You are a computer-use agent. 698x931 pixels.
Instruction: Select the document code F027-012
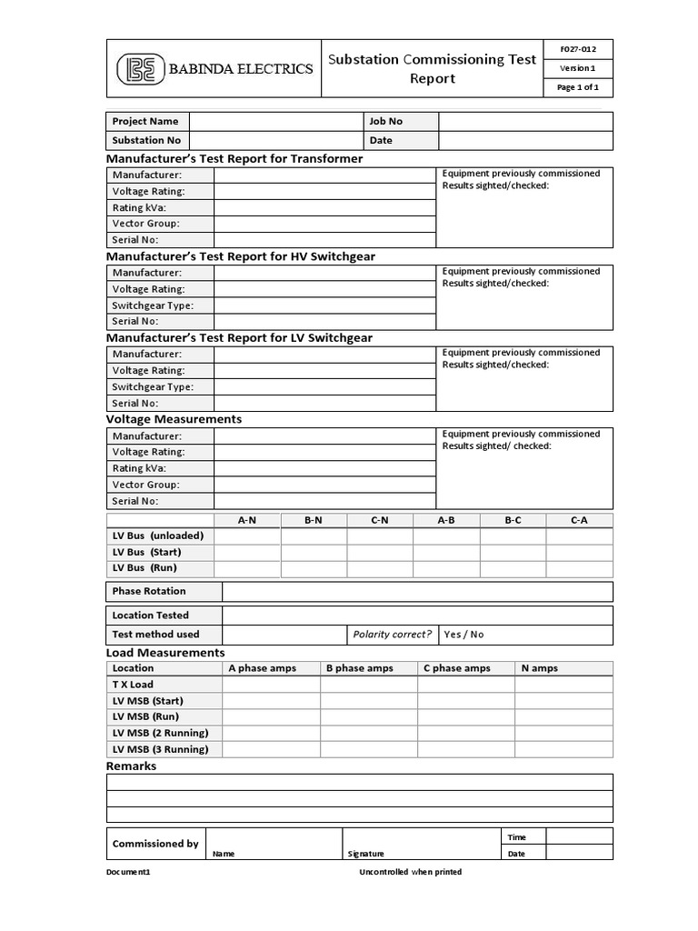577,49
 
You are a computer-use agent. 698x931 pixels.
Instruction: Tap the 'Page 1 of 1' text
577,88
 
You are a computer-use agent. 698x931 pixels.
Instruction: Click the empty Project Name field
275,121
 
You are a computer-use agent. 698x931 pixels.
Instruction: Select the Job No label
385,121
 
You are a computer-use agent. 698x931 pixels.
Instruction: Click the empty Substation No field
275,141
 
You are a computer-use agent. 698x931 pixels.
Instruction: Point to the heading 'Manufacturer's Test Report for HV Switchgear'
241,256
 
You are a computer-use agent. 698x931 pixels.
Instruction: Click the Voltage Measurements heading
174,419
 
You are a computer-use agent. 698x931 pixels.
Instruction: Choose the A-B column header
446,520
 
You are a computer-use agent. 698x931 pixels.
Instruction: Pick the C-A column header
579,520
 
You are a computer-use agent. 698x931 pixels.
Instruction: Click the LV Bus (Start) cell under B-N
314,552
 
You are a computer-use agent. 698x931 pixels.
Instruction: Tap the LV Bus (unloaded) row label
158,536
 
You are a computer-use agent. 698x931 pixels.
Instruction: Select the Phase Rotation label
149,592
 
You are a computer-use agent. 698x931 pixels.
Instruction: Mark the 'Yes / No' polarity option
464,635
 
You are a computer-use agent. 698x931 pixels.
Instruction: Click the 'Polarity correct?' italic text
392,635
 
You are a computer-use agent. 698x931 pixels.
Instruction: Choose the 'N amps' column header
539,668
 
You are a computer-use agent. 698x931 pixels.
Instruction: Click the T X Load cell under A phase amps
271,685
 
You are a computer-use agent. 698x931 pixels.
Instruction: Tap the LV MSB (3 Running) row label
160,750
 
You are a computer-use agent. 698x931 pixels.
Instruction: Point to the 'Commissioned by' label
155,844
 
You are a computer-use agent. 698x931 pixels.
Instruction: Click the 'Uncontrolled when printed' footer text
411,872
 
